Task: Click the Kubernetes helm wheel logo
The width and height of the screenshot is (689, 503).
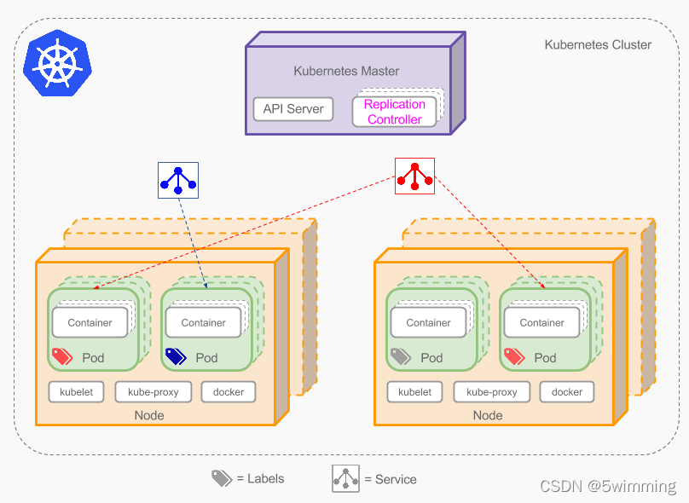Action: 57,62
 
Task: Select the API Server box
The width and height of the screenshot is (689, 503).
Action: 293,109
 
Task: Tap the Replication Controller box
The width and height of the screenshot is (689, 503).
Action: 394,112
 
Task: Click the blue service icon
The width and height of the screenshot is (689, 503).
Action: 177,180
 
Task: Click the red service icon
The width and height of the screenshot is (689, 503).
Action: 414,176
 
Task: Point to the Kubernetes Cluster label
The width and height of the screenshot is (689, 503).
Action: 598,44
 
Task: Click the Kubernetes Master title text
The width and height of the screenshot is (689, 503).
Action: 346,71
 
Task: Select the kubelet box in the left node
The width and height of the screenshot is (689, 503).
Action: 77,392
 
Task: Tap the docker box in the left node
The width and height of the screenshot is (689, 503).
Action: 228,392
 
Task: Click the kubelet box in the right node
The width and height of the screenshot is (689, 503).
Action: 415,392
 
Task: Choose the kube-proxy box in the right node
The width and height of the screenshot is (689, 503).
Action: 491,392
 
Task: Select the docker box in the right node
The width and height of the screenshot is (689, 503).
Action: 566,392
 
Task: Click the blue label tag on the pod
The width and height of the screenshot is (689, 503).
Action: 176,356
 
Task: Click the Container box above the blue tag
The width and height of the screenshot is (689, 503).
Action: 203,322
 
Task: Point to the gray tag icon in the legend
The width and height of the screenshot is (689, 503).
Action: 222,478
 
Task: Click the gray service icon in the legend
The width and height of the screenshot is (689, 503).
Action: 345,478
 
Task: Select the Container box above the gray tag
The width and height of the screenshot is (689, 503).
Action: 428,322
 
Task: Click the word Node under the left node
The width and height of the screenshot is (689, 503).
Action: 149,415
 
